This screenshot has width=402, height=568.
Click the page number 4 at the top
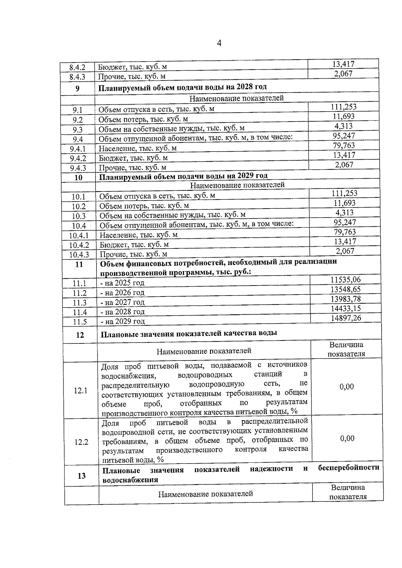click(219, 43)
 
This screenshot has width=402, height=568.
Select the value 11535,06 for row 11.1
click(345, 279)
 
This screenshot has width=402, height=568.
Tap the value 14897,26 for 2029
click(346, 318)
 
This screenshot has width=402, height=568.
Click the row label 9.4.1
click(78, 149)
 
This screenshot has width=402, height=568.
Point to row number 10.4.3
click(79, 255)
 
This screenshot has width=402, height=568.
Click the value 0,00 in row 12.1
click(347, 387)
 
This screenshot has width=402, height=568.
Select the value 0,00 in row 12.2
click(347, 438)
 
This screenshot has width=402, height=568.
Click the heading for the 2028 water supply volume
click(183, 87)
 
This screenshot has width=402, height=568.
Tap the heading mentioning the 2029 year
click(184, 176)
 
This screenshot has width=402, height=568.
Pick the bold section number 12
click(80, 335)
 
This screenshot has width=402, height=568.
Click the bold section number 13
click(81, 476)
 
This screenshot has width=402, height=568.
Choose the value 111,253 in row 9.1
click(344, 107)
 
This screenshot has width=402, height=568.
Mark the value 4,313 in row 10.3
click(344, 213)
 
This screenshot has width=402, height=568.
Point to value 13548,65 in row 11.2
click(346, 289)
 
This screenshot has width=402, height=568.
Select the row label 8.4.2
click(77, 68)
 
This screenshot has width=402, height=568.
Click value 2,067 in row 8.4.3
click(343, 74)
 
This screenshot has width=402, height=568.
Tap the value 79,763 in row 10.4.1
click(345, 232)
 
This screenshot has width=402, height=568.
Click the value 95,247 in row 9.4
click(344, 136)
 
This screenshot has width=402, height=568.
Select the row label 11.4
click(80, 313)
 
